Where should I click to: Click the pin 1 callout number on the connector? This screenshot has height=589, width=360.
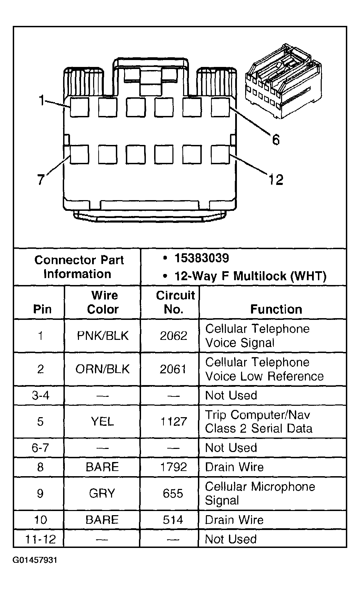tap(41, 101)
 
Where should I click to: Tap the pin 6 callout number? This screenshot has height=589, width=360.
tap(276, 140)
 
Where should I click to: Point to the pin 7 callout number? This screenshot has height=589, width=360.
tap(41, 179)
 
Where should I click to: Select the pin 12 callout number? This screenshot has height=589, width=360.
tap(276, 179)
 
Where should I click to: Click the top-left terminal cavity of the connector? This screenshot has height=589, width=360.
tap(79, 107)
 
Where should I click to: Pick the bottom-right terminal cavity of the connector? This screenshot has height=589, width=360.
tap(220, 154)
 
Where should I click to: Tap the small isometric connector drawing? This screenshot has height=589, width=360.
tap(283, 82)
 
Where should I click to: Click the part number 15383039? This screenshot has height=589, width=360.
tap(202, 258)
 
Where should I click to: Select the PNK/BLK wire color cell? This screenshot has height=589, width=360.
tap(102, 336)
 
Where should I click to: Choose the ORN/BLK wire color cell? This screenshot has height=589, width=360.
tap(102, 369)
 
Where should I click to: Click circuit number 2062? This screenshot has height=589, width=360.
tap(173, 336)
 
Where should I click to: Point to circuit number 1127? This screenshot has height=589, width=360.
tap(173, 421)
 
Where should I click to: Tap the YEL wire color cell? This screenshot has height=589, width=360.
tap(102, 421)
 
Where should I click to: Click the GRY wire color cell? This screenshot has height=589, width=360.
tap(102, 493)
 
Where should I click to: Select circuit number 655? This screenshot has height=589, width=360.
tap(173, 493)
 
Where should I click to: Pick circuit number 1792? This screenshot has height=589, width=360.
tap(173, 467)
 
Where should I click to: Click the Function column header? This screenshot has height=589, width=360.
tap(276, 309)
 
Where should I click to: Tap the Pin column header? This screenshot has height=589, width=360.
tap(42, 309)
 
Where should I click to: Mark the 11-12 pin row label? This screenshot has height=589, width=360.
tap(40, 539)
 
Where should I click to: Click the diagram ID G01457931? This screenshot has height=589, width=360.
tap(35, 560)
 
